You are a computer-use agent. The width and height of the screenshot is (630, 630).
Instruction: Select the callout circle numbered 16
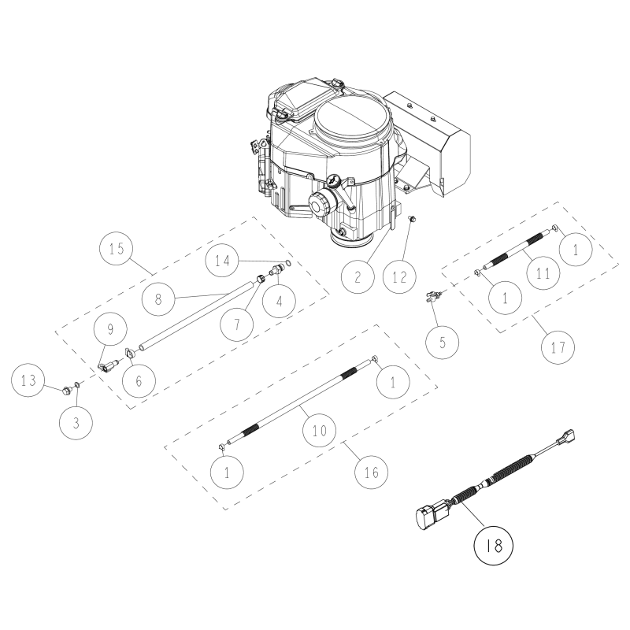point(371,472)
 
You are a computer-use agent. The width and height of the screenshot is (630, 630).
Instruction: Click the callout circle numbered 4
point(280,302)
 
